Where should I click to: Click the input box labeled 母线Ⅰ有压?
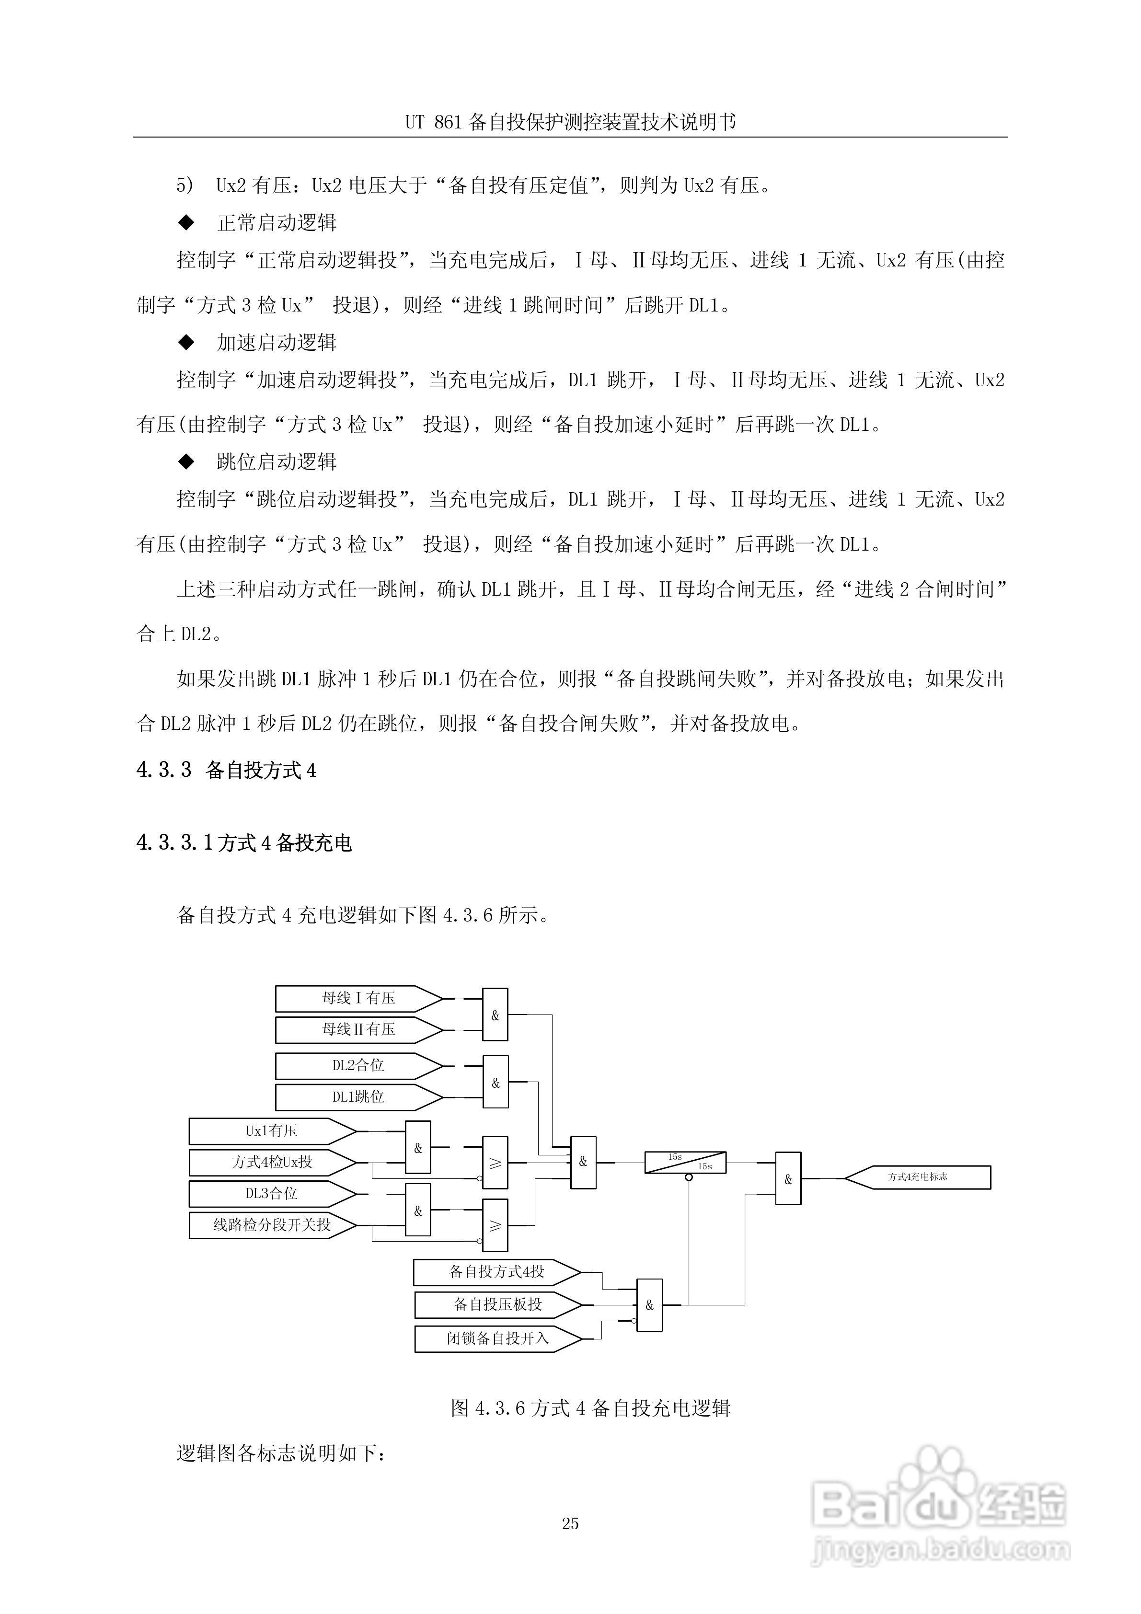[x=358, y=998]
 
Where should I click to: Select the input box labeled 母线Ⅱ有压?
[x=358, y=1030]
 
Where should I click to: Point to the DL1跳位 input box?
[x=358, y=1096]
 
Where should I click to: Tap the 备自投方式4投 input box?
[x=497, y=1272]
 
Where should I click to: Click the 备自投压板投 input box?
[x=498, y=1305]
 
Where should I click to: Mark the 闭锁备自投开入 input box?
[x=498, y=1338]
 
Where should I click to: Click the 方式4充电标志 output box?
[x=917, y=1177]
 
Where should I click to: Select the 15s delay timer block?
[x=685, y=1162]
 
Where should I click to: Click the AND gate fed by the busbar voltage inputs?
[x=495, y=1015]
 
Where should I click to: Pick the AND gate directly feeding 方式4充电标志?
[x=788, y=1179]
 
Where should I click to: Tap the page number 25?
[x=570, y=1523]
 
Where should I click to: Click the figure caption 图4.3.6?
[x=590, y=1408]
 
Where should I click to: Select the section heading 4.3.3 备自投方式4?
[x=226, y=771]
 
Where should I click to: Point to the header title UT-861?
[x=570, y=122]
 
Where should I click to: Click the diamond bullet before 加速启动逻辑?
[x=186, y=342]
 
